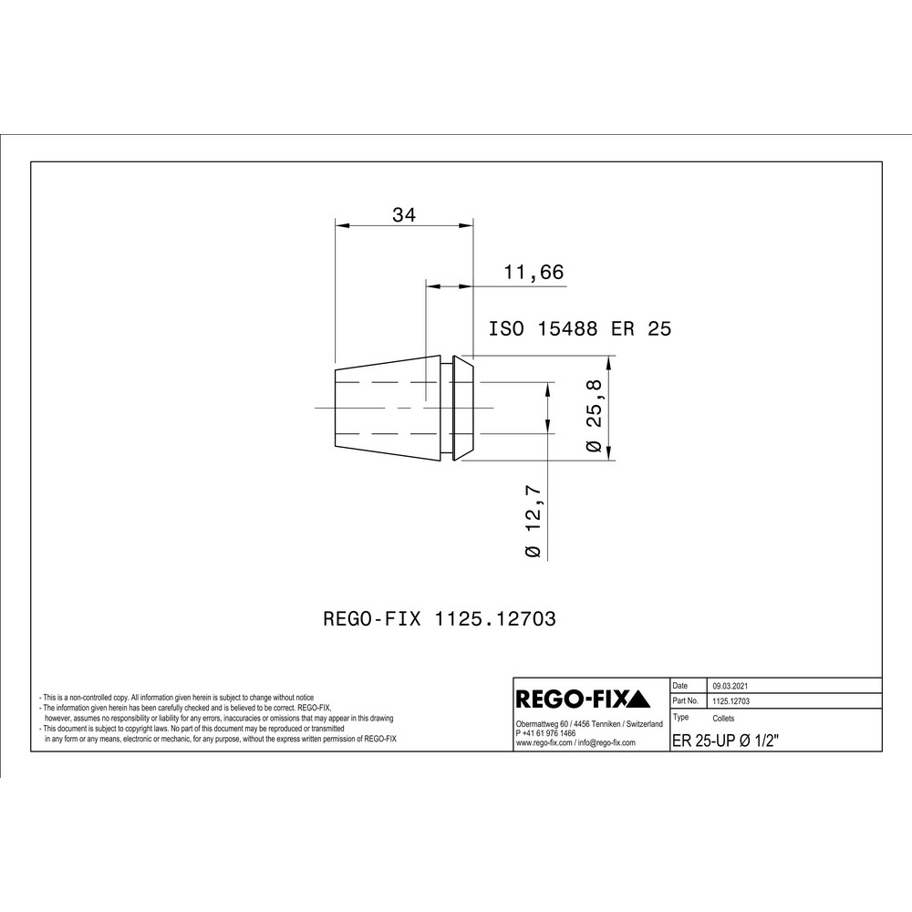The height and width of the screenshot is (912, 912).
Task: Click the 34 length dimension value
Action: point(404,215)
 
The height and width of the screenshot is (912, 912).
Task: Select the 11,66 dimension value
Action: point(534,272)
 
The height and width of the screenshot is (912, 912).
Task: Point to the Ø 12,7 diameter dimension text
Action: point(534,522)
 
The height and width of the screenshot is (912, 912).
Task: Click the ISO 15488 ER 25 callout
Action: point(580,329)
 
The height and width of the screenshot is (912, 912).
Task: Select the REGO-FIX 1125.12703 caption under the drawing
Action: point(440,618)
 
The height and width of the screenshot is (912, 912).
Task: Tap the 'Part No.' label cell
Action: point(686,701)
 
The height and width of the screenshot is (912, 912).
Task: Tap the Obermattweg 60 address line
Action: point(589,724)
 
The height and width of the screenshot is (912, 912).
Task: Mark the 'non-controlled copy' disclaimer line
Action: point(177,696)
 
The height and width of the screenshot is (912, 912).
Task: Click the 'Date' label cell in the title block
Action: point(681,685)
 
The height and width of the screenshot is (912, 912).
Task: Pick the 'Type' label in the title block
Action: point(680,718)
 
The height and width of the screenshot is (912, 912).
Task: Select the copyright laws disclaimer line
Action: point(192,730)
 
